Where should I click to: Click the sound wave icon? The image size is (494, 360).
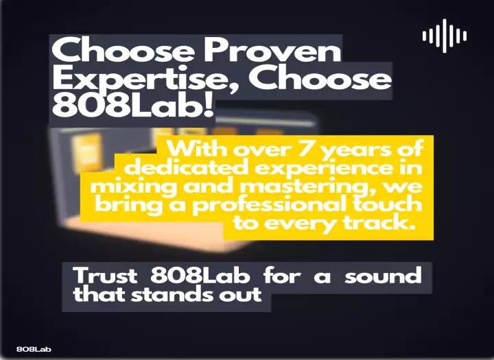coord(445,36)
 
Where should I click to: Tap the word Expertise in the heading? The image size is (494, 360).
coord(148,80)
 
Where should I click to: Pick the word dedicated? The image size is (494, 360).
coord(186,167)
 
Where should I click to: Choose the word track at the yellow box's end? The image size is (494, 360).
coord(379,222)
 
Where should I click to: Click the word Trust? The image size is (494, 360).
coord(105,275)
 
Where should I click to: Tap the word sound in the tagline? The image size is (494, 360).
coord(383,275)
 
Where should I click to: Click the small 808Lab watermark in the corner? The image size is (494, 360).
coord(34,349)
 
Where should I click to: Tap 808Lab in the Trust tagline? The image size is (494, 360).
coord(200,275)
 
